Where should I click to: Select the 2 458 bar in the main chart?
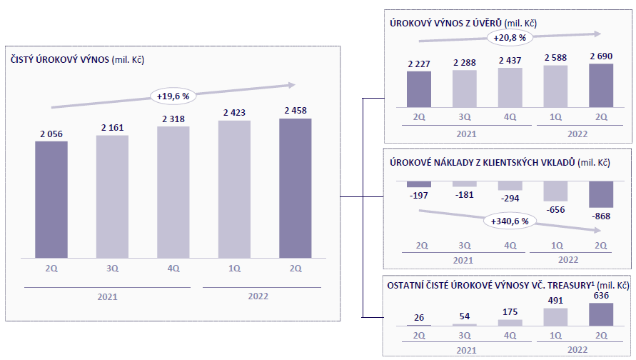[295, 187]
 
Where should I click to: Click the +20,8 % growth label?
[506, 38]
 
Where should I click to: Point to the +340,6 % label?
[510, 221]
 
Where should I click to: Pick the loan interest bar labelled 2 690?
[600, 84]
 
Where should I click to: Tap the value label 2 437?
[510, 60]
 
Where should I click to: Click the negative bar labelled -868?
[600, 194]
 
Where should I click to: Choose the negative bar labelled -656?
[555, 191]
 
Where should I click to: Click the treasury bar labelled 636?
[600, 314]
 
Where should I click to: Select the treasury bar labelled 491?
[555, 316]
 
